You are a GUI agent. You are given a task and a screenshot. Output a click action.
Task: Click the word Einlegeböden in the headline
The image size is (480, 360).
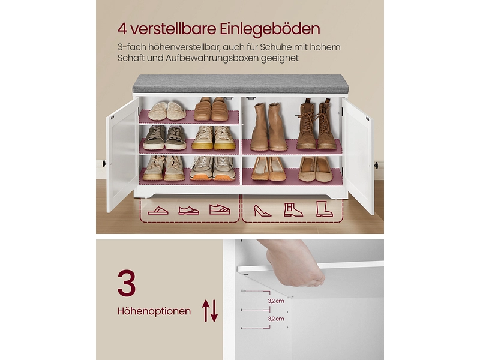tap(270, 29)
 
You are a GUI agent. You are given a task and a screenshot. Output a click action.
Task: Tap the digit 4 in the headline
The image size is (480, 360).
tap(122, 29)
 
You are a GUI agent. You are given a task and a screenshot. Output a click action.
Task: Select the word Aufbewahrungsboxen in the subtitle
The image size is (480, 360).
tap(212, 58)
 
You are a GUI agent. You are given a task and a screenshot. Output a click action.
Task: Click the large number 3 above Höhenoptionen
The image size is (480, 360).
tap(127, 283)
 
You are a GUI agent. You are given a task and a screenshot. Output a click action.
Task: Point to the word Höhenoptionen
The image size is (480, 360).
tap(154, 311)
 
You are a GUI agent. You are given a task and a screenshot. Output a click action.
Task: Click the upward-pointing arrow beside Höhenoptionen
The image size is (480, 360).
tap(206, 310)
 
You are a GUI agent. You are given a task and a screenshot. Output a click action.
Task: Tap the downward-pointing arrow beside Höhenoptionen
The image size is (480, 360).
tap(214, 311)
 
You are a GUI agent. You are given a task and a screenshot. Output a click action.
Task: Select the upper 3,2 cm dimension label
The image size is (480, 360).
tap(276, 301)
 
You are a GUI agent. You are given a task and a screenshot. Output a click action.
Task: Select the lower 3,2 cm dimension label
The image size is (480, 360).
tap(276, 319)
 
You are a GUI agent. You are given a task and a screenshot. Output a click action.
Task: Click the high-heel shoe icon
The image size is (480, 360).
tap(262, 211)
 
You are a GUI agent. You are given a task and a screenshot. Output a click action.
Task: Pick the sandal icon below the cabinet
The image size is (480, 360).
tap(158, 211)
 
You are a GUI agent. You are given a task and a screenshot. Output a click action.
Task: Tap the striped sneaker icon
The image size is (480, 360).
tap(220, 209)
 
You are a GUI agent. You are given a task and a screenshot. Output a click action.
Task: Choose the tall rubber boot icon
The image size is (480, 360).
tap(324, 209)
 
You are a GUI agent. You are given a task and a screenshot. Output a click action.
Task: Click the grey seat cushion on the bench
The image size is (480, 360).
tap(241, 83)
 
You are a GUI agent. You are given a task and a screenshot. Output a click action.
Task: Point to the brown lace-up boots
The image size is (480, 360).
tap(316, 124)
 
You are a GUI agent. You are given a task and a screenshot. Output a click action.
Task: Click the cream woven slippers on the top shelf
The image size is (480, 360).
tap(167, 111)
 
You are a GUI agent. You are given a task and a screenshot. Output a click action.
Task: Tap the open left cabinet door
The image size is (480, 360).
tap(122, 156)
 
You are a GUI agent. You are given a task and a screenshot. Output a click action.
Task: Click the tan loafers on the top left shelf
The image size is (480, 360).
tap(211, 109)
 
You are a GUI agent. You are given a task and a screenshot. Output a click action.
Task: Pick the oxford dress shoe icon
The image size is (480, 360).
tap(188, 210)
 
